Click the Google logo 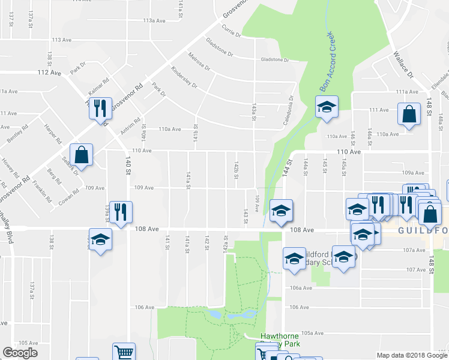point(20,352)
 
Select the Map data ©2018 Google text point(412,355)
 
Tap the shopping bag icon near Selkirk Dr point(82,154)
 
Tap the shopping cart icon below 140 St point(124,353)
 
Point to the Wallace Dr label point(403,64)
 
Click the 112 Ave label point(49,73)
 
